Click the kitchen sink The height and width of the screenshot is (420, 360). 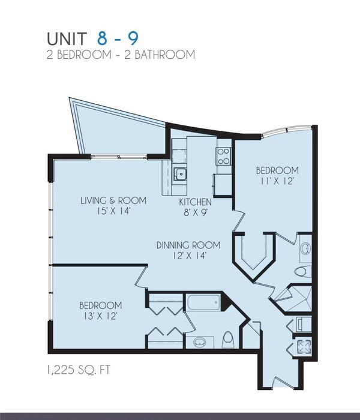coord(179,175)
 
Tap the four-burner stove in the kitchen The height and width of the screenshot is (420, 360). coord(223,156)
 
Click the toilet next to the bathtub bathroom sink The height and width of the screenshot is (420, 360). coord(229,341)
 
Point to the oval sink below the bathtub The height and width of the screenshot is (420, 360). coord(199,342)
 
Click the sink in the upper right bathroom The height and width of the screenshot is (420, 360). coord(304,248)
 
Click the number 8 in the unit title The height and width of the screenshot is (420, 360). coord(104,38)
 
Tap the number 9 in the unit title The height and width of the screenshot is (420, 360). coord(131,38)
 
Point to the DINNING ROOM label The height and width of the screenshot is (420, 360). coord(188,245)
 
